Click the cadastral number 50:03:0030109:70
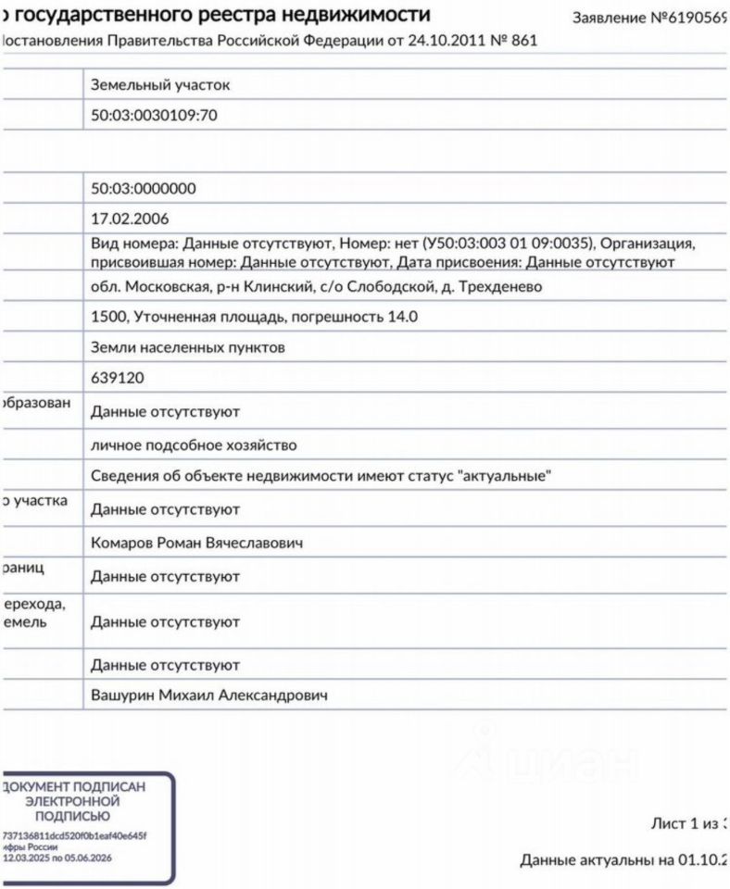[x=155, y=116]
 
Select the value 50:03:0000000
[x=144, y=189]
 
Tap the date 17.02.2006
[x=130, y=219]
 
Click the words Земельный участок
[x=160, y=85]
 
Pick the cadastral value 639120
[x=118, y=378]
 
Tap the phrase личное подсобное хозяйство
[x=194, y=445]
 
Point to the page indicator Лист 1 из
[x=686, y=823]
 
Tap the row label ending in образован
[x=35, y=406]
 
